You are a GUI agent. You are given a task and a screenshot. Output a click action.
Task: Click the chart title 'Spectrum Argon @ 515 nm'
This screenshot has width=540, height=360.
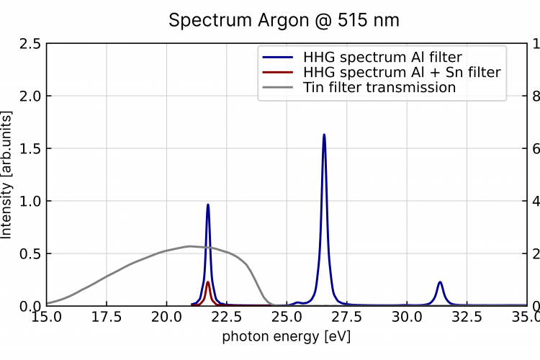(x=284, y=20)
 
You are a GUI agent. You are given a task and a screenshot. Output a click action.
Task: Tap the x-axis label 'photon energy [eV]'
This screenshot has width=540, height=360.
(x=286, y=336)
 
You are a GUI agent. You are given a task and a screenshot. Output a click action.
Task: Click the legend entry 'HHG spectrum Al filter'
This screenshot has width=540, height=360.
(x=382, y=55)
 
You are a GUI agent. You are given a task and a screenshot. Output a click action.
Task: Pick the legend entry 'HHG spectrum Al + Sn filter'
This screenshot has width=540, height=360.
(x=402, y=71)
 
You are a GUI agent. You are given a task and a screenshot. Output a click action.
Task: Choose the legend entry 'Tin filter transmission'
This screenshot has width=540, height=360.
(x=379, y=87)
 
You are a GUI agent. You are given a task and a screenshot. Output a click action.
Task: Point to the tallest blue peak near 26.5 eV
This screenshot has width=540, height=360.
(x=324, y=135)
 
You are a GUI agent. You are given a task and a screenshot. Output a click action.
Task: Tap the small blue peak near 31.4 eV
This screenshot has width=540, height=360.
(x=439, y=282)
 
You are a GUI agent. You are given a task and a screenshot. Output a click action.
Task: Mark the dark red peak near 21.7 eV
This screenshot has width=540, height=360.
(x=208, y=282)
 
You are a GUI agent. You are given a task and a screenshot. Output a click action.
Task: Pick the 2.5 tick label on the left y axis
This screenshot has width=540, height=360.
(x=30, y=44)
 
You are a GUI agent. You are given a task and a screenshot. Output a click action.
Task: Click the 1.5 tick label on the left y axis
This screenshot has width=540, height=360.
(x=30, y=149)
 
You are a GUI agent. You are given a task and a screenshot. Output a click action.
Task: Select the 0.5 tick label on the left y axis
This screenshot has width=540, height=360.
(x=30, y=253)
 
